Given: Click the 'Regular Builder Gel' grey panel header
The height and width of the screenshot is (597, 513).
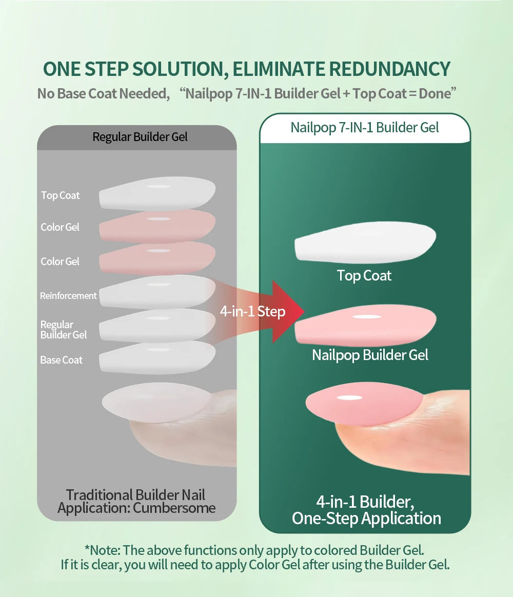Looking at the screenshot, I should (140, 137).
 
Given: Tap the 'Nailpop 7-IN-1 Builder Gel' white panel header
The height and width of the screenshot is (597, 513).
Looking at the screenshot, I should (365, 128).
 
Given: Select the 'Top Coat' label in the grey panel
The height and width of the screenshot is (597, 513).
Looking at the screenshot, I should (61, 195).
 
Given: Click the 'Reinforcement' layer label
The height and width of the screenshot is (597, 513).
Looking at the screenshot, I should (68, 296).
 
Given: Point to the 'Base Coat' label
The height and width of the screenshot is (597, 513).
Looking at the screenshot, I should (61, 360).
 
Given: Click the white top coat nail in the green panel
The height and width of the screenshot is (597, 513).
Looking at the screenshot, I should (365, 243).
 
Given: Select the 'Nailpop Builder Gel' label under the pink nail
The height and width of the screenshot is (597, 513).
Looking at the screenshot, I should (370, 355).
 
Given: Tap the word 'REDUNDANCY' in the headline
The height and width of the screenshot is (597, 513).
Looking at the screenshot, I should (389, 69).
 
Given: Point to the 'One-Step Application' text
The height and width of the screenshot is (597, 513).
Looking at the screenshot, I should (366, 518).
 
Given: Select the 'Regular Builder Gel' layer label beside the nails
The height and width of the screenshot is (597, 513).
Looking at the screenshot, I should (64, 330).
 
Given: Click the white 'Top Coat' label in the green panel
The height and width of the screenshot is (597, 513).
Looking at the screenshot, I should (364, 276).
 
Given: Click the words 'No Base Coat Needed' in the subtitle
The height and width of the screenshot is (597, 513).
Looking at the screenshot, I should (103, 94).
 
